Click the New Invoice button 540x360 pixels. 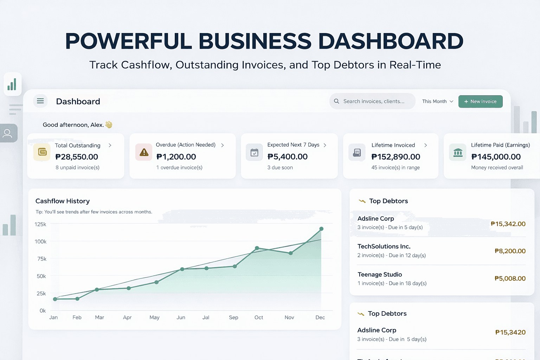coord(480,102)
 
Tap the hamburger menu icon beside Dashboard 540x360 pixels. coord(40,101)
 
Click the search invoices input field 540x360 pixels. coord(373,101)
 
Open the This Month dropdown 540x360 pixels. coord(437,101)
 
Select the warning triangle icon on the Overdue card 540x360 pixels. coord(144,152)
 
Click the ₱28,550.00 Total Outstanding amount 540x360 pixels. coord(77,157)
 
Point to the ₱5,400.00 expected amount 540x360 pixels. coord(288,157)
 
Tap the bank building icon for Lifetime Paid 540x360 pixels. coord(458,153)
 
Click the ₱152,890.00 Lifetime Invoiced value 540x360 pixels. coord(396,157)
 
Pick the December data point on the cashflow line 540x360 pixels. coord(321,229)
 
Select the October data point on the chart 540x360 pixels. coord(257,248)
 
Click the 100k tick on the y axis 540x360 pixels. coord(40,242)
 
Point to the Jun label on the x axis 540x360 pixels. coord(181,317)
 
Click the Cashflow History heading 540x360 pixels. coord(63,201)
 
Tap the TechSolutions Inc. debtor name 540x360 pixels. coord(384,246)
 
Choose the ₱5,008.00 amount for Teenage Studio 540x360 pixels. coord(510,278)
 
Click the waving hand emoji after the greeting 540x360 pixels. coord(109,124)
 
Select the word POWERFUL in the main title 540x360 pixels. coord(128,41)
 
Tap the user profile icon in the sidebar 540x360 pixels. coord(7,133)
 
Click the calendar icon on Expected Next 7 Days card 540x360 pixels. coord(254,153)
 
